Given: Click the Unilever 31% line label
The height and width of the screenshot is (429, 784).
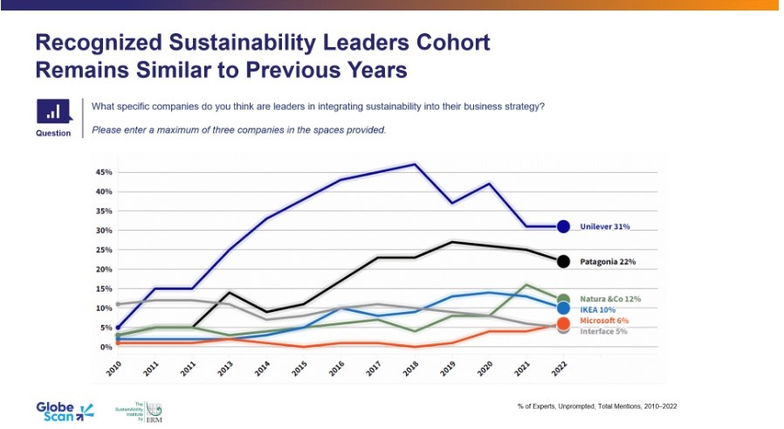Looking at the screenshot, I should [x=605, y=226].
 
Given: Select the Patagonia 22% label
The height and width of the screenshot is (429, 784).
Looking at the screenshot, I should [x=608, y=261].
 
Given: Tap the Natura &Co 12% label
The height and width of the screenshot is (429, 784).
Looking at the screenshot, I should [x=611, y=299].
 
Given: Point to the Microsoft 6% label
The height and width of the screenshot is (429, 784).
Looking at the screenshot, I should [x=605, y=320].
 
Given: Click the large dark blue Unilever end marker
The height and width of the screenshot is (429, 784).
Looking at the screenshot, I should [x=563, y=226].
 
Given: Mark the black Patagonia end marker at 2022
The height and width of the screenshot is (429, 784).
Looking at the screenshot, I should [x=563, y=261].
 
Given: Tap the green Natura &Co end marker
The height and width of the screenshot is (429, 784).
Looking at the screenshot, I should [x=563, y=300].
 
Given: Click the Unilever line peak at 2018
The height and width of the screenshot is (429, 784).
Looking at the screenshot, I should [x=415, y=164].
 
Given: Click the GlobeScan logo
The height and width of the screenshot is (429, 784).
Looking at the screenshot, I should [x=63, y=410].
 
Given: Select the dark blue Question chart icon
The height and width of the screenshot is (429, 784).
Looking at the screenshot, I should [x=53, y=111].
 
